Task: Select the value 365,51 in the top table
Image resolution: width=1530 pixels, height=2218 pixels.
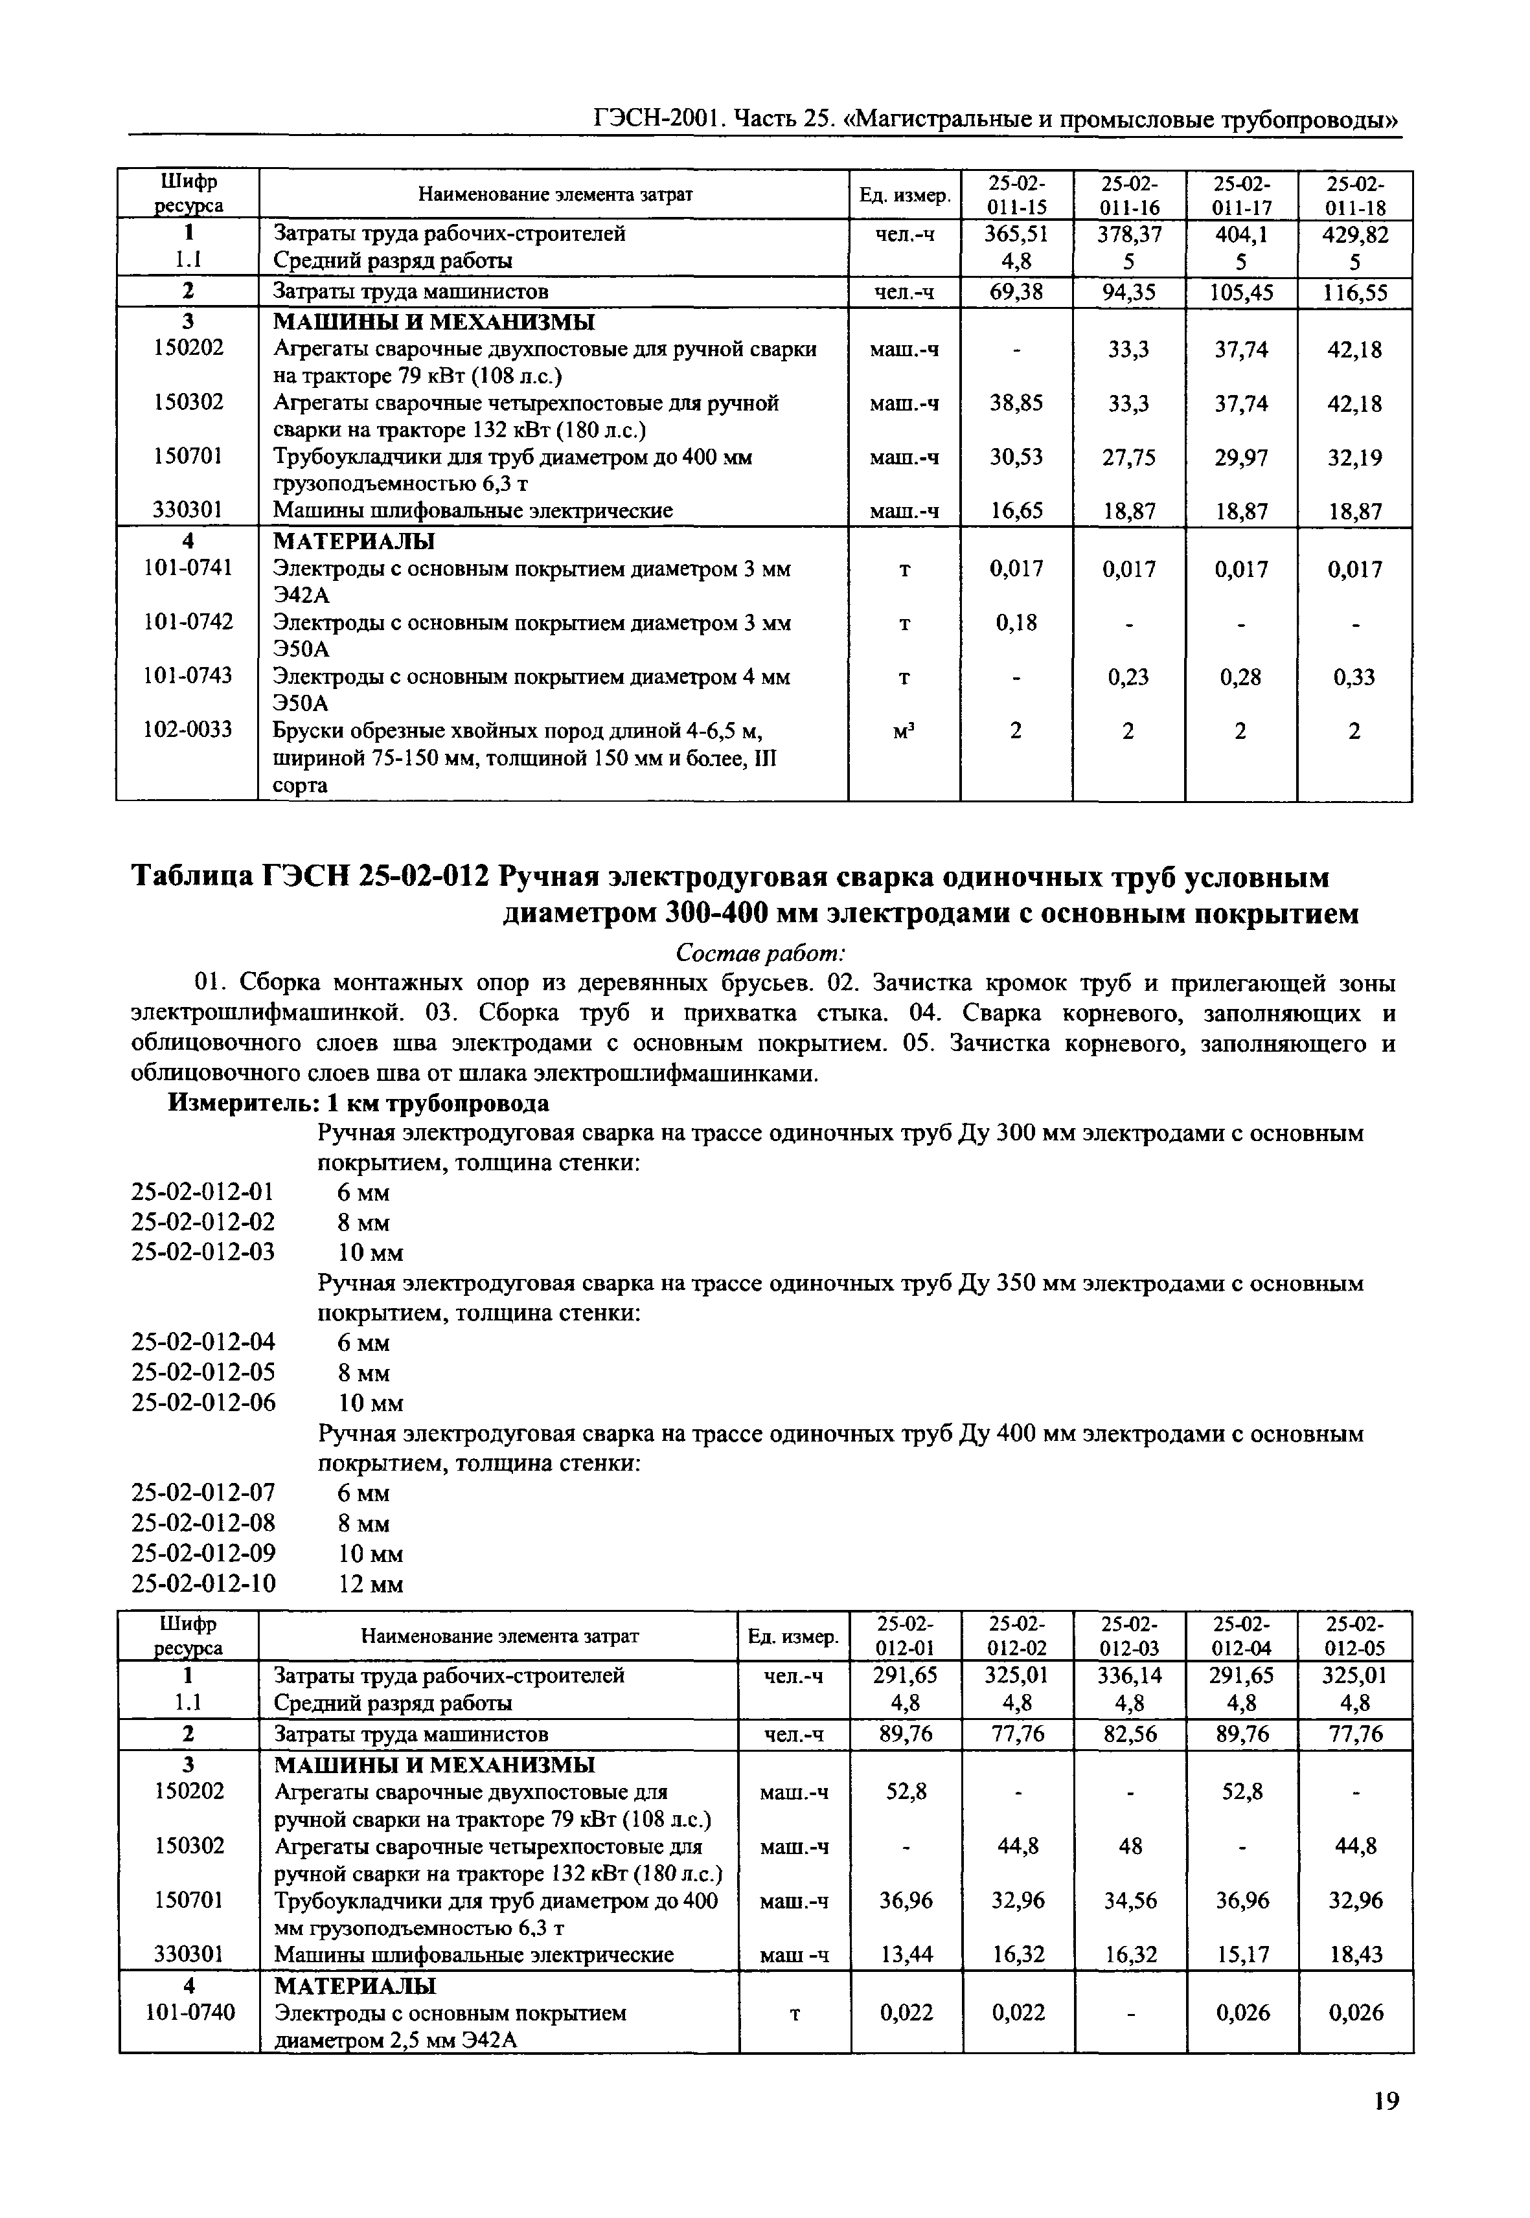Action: point(1016,234)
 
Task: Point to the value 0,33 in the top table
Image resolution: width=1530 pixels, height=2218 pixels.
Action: point(1354,677)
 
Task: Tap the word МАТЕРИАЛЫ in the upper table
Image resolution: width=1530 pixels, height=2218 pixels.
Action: point(355,541)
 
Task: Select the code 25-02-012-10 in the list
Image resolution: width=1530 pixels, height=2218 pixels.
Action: point(203,1583)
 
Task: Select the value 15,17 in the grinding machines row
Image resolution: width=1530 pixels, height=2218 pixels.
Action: point(1242,1954)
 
